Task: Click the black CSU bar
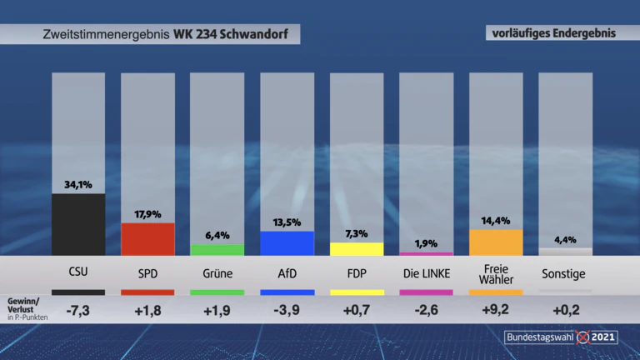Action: click(x=78, y=224)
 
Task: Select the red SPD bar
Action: click(x=147, y=239)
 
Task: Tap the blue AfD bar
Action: click(x=287, y=243)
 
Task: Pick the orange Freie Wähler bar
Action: click(x=496, y=242)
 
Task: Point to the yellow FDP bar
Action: click(x=357, y=249)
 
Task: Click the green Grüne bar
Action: click(x=217, y=250)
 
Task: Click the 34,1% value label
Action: click(x=78, y=185)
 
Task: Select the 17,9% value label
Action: click(x=147, y=214)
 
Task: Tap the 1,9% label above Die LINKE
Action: click(x=426, y=243)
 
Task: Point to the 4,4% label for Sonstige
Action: click(x=565, y=240)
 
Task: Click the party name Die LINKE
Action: click(x=427, y=273)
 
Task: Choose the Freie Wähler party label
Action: click(x=496, y=274)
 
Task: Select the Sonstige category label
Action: click(x=563, y=273)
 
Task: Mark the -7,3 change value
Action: click(x=78, y=311)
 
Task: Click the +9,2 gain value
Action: click(x=496, y=310)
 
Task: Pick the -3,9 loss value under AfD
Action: click(x=287, y=310)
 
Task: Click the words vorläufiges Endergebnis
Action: click(x=554, y=33)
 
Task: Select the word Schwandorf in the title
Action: click(x=254, y=34)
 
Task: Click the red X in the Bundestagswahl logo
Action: click(x=582, y=337)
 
